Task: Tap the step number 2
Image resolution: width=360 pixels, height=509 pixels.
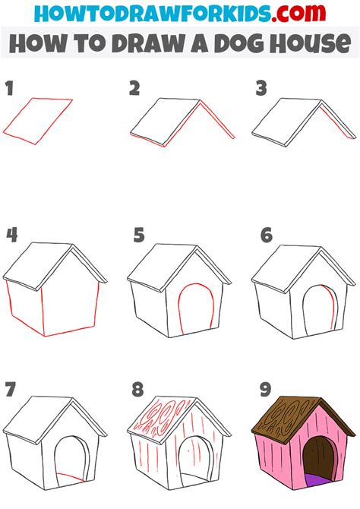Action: tap(134, 90)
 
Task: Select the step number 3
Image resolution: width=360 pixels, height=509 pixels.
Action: tap(261, 90)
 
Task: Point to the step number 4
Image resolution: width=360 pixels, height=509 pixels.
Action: tap(11, 235)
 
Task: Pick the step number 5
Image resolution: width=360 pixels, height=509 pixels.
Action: tap(138, 236)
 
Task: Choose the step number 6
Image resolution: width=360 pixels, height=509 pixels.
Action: tap(266, 236)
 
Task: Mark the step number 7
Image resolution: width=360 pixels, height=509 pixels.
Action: tap(11, 390)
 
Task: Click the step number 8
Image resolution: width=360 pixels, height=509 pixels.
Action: tap(138, 390)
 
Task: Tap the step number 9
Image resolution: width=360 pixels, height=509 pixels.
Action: tap(266, 390)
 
